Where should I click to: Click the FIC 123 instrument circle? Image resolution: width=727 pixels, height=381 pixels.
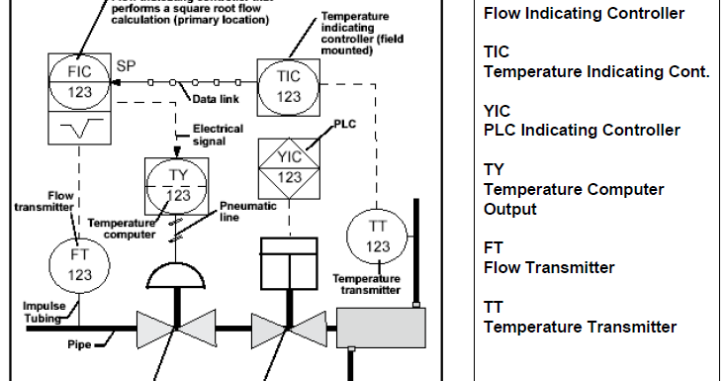(80, 83)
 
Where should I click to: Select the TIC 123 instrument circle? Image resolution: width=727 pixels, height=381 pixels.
(289, 84)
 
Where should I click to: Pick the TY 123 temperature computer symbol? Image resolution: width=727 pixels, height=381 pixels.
(178, 182)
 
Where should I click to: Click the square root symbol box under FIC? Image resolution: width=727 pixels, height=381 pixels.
(80, 130)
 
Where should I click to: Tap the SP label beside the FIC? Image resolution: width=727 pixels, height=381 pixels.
(127, 66)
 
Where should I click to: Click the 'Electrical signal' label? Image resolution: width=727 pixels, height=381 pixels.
(217, 135)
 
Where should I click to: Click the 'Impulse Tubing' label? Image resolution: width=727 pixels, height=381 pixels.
(44, 312)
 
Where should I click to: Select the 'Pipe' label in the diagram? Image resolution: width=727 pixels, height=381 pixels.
(79, 345)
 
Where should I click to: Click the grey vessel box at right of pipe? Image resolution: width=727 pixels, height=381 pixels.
(381, 326)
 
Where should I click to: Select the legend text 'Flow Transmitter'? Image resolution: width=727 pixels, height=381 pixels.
(548, 267)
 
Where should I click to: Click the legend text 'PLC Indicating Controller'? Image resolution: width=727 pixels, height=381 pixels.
(581, 130)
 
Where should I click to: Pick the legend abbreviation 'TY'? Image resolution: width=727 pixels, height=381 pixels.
(493, 169)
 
